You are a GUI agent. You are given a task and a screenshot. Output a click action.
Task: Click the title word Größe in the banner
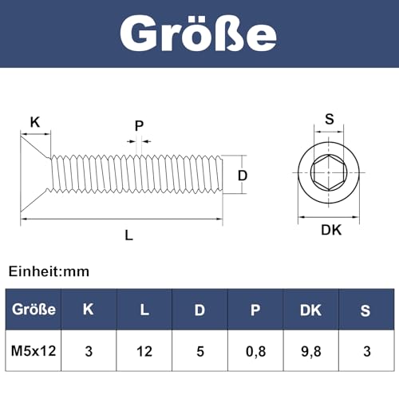tap(199, 34)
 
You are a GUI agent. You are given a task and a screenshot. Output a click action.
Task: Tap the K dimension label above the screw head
tap(34, 122)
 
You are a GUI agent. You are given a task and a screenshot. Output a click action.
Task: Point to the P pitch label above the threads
tap(139, 125)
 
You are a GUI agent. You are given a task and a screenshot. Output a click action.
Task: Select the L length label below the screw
tap(128, 235)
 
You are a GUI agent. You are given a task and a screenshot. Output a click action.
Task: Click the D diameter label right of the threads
tap(243, 175)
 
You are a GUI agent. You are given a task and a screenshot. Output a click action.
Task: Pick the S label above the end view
tap(329, 120)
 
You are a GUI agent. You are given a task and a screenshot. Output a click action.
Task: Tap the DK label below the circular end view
tap(330, 230)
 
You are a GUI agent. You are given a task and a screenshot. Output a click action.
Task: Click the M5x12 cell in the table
tap(33, 349)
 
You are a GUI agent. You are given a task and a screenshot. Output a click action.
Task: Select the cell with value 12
tap(144, 349)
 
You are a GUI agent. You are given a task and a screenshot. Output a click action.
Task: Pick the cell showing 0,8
tap(255, 349)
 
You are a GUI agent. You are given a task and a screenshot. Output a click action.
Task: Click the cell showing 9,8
tap(310, 349)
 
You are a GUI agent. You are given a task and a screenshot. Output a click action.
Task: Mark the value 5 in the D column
tap(199, 349)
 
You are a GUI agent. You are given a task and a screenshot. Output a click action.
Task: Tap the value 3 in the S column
tap(365, 349)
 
